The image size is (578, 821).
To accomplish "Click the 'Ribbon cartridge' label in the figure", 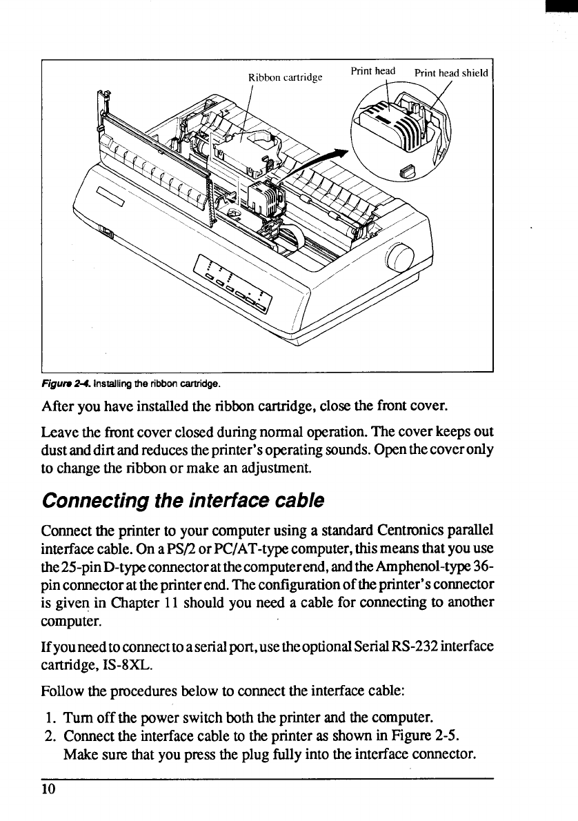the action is point(286,77).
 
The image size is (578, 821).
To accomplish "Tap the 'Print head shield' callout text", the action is point(451,73).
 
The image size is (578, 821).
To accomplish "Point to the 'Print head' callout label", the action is point(373,70).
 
